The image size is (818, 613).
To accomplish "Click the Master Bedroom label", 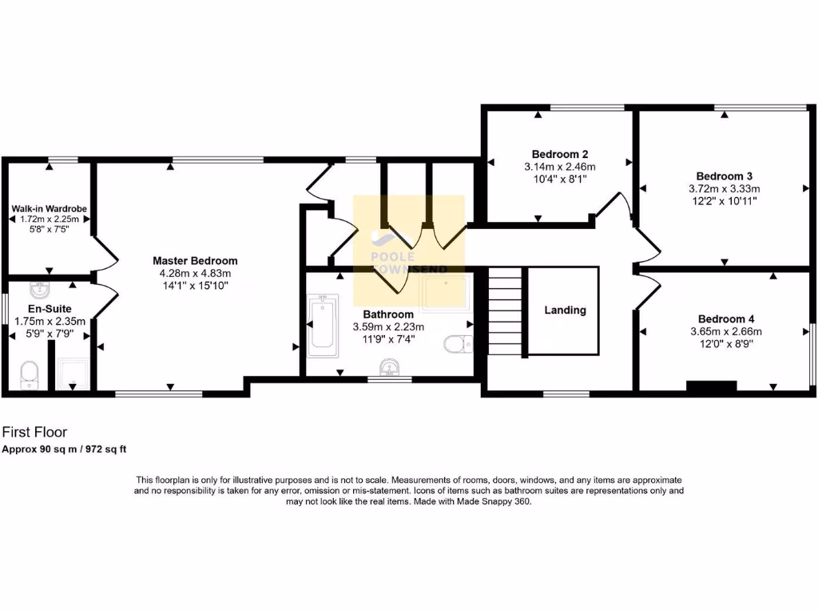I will pos(195,261).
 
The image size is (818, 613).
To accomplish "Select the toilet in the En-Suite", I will pos(30,374).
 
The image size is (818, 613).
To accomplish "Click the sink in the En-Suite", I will pos(40,288).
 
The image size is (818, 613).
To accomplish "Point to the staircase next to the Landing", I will pos(504,311).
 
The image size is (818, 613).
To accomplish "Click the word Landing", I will pos(566,310).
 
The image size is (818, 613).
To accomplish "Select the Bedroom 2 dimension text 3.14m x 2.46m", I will pos(559,167).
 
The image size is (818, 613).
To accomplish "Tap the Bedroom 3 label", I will pos(725,176).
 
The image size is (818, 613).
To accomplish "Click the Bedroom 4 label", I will pos(725,317).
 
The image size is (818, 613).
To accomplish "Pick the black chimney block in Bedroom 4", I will pos(711,387).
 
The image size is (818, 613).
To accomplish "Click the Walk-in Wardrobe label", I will pos(49,209).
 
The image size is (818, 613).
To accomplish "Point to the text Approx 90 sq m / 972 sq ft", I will pos(65,449).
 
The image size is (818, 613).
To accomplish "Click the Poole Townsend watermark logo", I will pos(408,239).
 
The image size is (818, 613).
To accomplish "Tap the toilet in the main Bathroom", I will pos(459,344).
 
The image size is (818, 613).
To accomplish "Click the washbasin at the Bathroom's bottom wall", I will pos(390,367).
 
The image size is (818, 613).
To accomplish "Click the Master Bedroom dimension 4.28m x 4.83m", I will pos(195,274).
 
